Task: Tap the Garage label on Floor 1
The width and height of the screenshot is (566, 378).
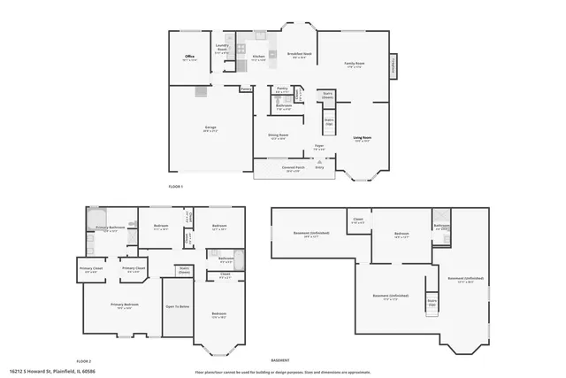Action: (x=210, y=129)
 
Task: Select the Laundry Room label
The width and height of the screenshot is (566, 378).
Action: (x=223, y=50)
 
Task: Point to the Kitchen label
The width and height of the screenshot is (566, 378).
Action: (x=258, y=58)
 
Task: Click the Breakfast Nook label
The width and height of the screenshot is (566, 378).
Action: (x=298, y=56)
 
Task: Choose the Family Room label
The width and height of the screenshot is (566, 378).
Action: (x=355, y=64)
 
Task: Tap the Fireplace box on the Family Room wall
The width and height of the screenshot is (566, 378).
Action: (x=393, y=66)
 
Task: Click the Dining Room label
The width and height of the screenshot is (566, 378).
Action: (x=278, y=136)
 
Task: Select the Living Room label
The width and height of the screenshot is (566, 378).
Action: (x=363, y=138)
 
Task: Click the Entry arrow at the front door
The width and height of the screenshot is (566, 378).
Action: (x=319, y=167)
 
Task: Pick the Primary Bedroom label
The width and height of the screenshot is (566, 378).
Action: (x=124, y=306)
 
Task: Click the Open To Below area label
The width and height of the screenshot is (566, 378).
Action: (x=178, y=306)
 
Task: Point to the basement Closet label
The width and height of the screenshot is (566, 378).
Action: (x=357, y=220)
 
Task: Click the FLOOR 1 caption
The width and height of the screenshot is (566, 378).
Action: (x=179, y=187)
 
